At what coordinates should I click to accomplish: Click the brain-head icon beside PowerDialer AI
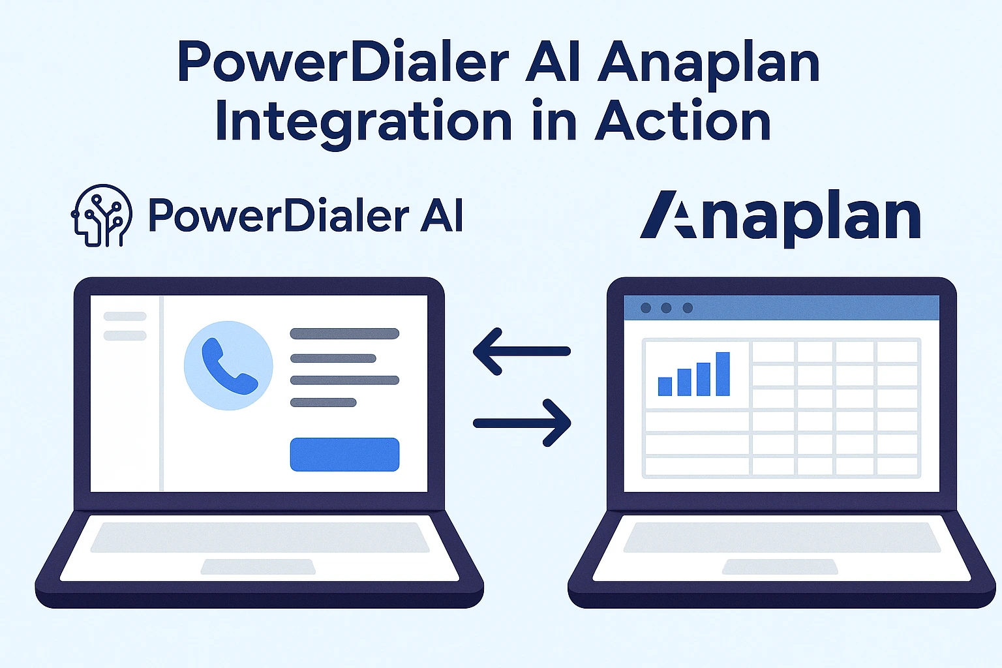[x=101, y=216]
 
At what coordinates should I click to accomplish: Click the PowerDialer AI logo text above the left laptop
[x=305, y=216]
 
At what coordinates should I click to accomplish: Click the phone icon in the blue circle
[x=228, y=365]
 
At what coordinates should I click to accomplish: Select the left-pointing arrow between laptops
[x=521, y=351]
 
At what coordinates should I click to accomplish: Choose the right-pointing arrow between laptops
[x=523, y=423]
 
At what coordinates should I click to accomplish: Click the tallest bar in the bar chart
[x=722, y=374]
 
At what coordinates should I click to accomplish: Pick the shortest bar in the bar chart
[x=665, y=386]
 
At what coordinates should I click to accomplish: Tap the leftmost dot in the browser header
[x=646, y=308]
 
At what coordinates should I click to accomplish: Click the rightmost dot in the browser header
[x=687, y=308]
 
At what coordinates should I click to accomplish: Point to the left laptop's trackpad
[x=258, y=566]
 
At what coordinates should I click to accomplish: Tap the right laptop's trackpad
[x=780, y=566]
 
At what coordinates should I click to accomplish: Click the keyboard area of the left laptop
[x=259, y=537]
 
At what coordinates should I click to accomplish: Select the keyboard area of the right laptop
[x=782, y=537]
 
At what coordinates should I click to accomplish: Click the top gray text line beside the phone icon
[x=344, y=334]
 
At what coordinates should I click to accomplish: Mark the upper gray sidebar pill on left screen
[x=125, y=316]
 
